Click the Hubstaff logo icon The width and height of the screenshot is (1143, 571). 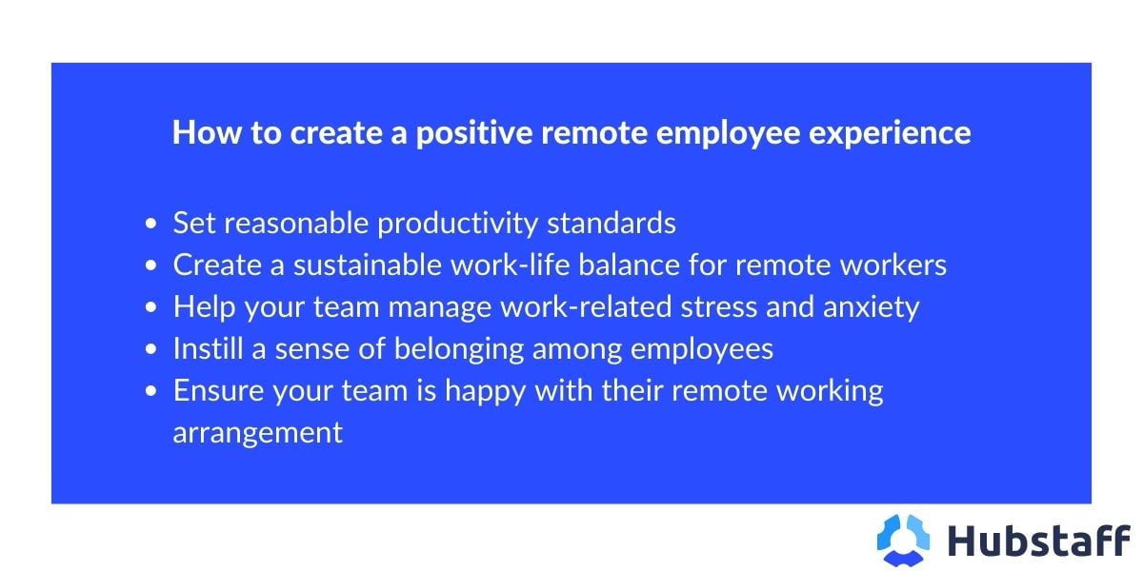(x=903, y=539)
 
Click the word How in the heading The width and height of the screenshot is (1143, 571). (x=199, y=132)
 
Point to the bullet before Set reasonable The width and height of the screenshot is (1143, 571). (x=152, y=225)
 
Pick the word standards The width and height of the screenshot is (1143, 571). (x=612, y=224)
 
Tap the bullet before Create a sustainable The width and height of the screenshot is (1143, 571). (x=152, y=266)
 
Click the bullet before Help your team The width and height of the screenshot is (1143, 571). (x=152, y=308)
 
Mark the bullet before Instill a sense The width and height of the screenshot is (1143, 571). (x=152, y=350)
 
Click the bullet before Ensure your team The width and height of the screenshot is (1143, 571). (x=152, y=392)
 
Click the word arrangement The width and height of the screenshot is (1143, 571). (x=257, y=433)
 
